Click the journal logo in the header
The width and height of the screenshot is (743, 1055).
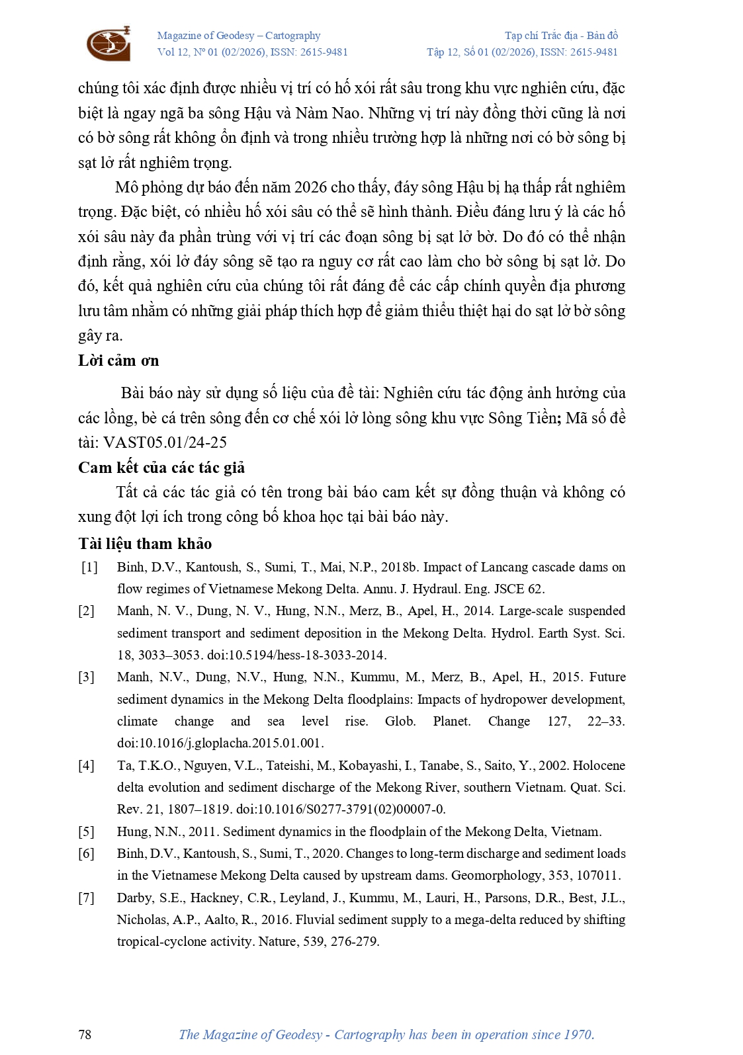(x=109, y=44)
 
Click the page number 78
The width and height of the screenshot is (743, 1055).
(x=85, y=1034)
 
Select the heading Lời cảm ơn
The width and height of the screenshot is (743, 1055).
(x=118, y=360)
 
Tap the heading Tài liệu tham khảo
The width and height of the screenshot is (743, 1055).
(x=145, y=544)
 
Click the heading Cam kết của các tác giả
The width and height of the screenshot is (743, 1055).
(x=161, y=468)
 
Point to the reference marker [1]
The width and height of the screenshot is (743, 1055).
(x=89, y=568)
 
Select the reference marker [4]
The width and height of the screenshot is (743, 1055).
(x=87, y=766)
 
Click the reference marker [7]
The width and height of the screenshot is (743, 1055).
(x=87, y=898)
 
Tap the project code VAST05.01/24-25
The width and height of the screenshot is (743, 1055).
(x=165, y=443)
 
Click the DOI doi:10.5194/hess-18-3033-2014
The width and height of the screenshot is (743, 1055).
(x=296, y=655)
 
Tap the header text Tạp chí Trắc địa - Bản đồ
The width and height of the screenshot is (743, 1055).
(x=561, y=36)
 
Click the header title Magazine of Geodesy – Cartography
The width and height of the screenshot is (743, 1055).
(x=239, y=36)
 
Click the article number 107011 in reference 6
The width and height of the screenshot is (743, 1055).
(x=598, y=876)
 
